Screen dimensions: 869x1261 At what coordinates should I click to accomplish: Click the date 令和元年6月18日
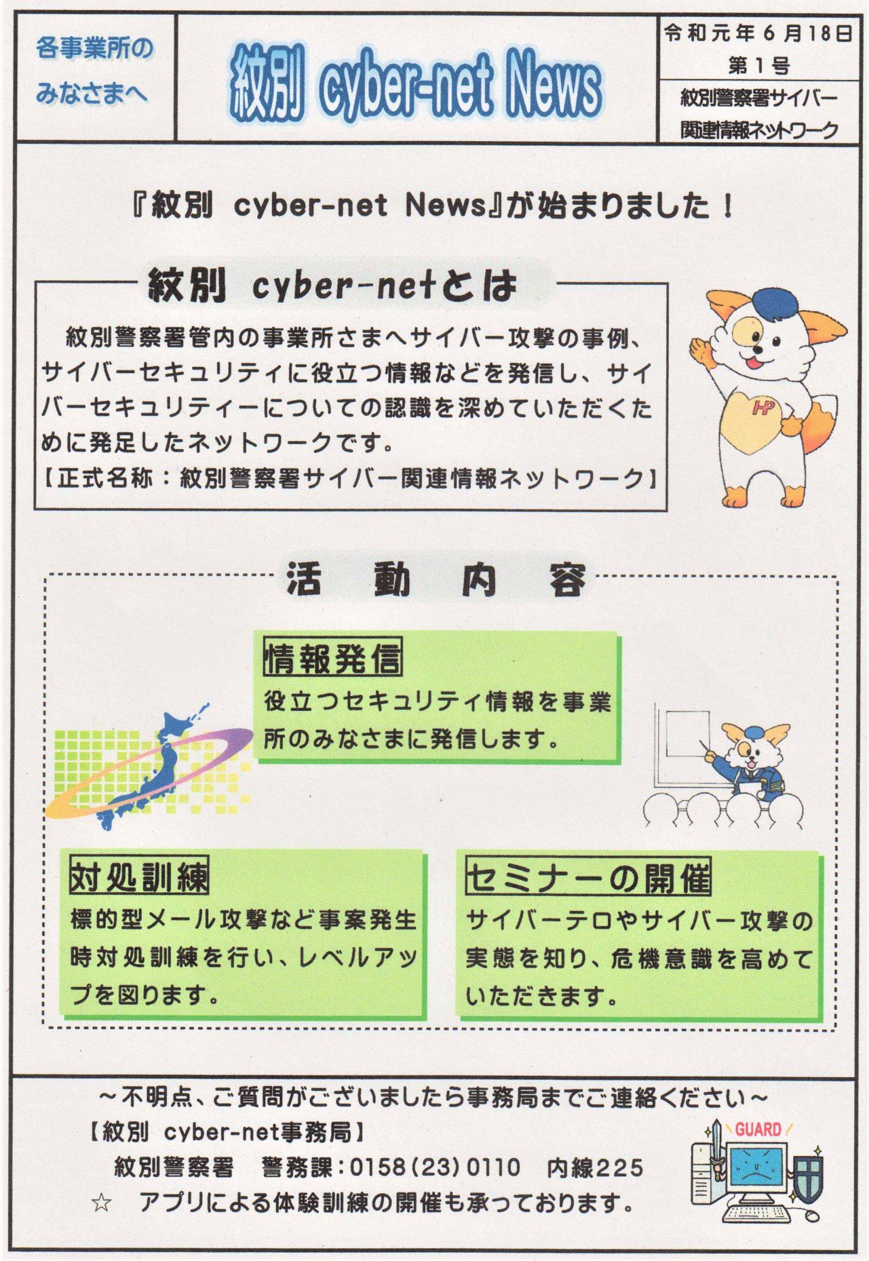click(x=758, y=34)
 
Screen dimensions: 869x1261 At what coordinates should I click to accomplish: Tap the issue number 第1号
click(x=758, y=66)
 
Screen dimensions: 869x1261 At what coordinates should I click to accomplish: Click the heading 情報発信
click(x=332, y=657)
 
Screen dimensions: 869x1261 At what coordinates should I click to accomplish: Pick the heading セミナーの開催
click(x=588, y=876)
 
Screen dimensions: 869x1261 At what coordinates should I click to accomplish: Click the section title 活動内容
click(x=436, y=580)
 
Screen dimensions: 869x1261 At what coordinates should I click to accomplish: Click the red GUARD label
click(x=758, y=1129)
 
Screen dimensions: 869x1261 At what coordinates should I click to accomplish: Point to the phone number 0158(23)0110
click(x=435, y=1167)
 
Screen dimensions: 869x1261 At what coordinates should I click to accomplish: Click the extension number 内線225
click(x=595, y=1167)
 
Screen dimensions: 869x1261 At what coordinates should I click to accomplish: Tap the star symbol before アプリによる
click(x=102, y=1204)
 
